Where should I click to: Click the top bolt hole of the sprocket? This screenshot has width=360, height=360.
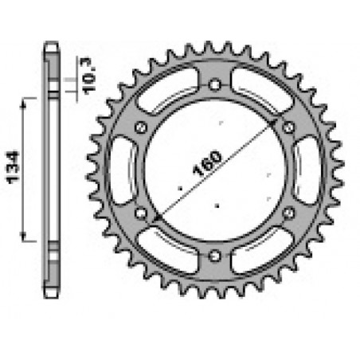tap(216, 84)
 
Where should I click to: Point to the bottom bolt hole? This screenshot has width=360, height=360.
tap(216, 254)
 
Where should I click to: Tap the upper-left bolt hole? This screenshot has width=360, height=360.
tap(143, 127)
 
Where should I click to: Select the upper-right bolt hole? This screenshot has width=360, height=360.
tap(289, 127)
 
